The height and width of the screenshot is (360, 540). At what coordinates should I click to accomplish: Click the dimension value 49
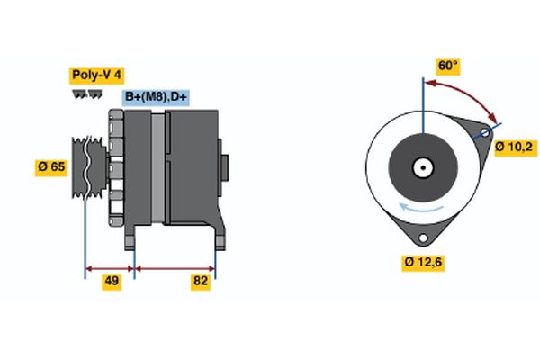tap(112, 282)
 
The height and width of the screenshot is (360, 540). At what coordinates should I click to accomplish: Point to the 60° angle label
tap(447, 66)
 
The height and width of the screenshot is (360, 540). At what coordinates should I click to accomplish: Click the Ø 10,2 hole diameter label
tap(517, 145)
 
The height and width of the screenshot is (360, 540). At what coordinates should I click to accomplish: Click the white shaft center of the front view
tap(421, 167)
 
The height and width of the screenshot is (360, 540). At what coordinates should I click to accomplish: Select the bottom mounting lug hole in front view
tap(421, 237)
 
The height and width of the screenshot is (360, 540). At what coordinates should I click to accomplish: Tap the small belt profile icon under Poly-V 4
tap(82, 94)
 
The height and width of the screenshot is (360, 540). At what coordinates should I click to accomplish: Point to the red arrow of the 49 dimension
tap(109, 267)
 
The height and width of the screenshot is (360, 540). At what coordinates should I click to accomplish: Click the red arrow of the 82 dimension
tap(175, 267)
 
